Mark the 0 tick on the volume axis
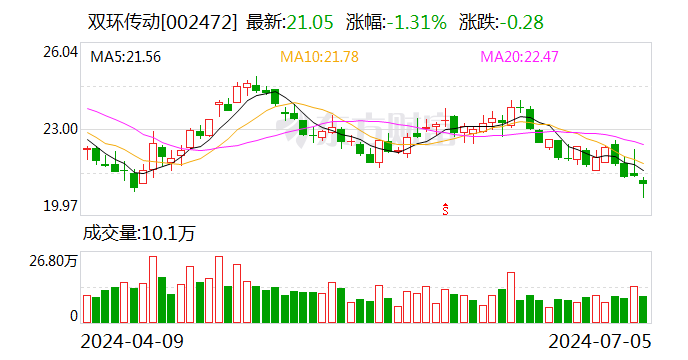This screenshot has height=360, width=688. coord(73,316)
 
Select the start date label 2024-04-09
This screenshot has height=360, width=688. coord(132,341)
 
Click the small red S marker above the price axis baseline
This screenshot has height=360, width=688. coord(445,208)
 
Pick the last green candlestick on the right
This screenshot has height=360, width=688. coord(644,182)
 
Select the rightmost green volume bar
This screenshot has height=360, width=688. coord(644,309)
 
